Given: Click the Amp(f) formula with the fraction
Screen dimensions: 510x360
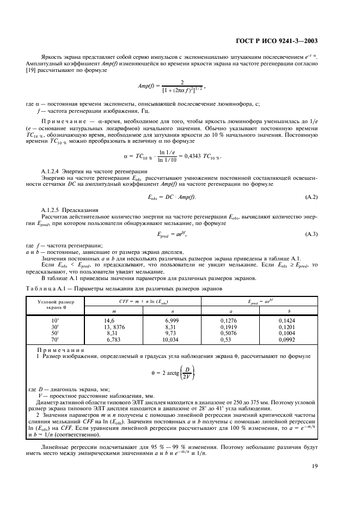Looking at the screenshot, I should click(173, 86).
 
